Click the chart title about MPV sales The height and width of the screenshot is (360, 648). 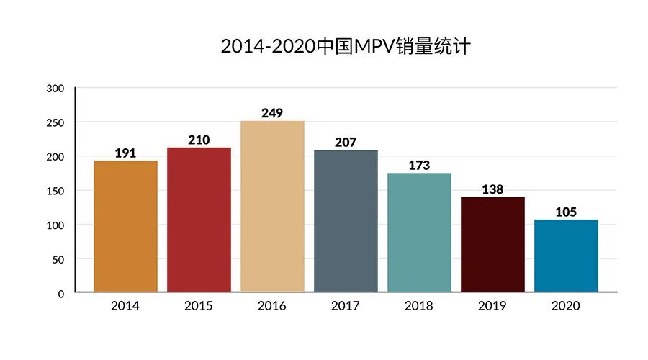pos(346,46)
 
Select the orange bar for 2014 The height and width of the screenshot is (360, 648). pos(125,227)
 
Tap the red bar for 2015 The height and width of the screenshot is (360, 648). pos(199,220)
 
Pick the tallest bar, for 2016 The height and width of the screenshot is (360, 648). pos(272,207)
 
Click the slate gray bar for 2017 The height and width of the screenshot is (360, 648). pos(346,221)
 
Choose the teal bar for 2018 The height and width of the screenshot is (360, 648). pos(420,233)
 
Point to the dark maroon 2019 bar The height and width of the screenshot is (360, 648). pos(492,245)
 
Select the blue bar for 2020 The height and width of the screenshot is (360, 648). pos(566,256)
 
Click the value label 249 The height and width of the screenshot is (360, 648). pos(272,113)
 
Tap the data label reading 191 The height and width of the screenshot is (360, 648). pos(125,153)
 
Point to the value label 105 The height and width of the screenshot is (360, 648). pos(566,212)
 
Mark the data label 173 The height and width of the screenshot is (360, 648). pos(419,166)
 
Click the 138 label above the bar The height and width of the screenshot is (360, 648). pos(492,189)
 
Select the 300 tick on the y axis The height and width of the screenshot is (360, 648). pos(55,89)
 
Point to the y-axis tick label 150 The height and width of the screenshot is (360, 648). pos(55,192)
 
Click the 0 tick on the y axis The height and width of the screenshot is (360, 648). pos(61,294)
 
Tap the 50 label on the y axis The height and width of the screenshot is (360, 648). pos(58,260)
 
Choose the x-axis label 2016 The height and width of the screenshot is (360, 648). pos(272,306)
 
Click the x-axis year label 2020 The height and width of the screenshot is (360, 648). pos(566,306)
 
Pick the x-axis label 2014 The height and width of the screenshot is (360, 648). pos(125,306)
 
